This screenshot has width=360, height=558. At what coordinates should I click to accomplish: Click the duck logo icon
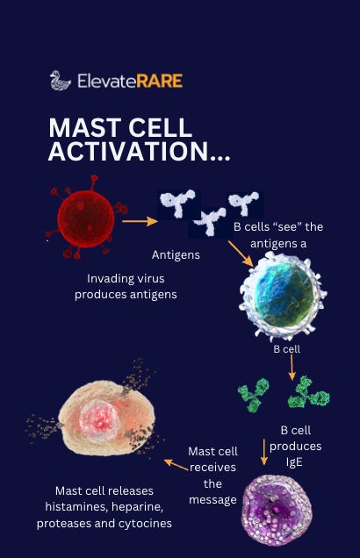pyautogui.click(x=60, y=81)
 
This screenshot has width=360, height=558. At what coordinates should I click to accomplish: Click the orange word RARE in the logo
pyautogui.click(x=160, y=81)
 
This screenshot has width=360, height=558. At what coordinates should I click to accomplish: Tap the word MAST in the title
pyautogui.click(x=85, y=128)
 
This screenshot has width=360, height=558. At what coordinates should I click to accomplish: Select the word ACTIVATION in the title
pyautogui.click(x=128, y=151)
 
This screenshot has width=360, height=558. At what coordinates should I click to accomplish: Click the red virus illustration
pyautogui.click(x=86, y=218)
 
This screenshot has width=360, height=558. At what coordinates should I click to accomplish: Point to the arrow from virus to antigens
pyautogui.click(x=140, y=221)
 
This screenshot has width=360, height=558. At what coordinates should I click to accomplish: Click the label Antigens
pyautogui.click(x=176, y=254)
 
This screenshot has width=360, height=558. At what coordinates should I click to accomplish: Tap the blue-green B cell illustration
pyautogui.click(x=284, y=296)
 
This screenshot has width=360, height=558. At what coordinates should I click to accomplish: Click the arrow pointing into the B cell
pyautogui.click(x=241, y=254)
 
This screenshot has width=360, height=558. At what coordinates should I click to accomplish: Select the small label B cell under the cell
pyautogui.click(x=286, y=349)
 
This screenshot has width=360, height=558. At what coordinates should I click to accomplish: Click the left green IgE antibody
pyautogui.click(x=254, y=396)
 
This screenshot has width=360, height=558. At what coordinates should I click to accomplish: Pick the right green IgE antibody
pyautogui.click(x=308, y=392)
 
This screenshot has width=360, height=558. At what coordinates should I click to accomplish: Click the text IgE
pyautogui.click(x=294, y=461)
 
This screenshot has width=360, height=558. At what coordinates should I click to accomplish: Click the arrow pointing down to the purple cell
pyautogui.click(x=264, y=452)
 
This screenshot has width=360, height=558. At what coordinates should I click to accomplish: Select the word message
pyautogui.click(x=213, y=500)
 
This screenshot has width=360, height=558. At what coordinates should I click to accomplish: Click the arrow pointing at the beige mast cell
pyautogui.click(x=176, y=465)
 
